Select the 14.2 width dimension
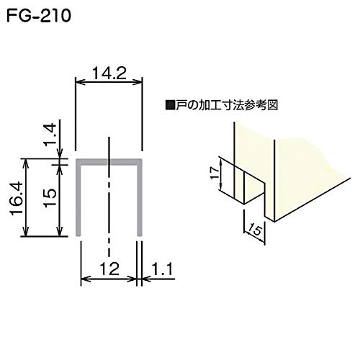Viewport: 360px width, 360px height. (x=108, y=72)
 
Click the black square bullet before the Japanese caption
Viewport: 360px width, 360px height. (x=170, y=104)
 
